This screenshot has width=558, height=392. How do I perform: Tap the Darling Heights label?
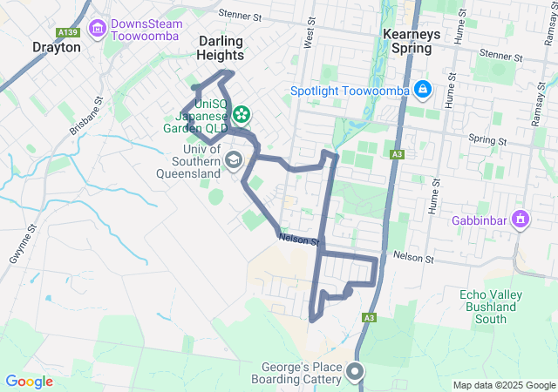221,48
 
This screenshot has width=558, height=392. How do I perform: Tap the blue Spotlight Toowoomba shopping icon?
422,89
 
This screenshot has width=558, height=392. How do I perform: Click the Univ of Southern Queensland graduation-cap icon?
234,160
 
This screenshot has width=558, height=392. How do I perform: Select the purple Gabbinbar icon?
521,218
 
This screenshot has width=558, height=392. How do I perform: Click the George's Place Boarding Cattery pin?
355,372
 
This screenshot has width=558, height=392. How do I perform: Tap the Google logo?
29,381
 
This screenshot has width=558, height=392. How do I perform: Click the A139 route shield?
67,32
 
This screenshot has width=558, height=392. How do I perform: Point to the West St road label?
309,36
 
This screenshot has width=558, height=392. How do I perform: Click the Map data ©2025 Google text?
503,385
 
